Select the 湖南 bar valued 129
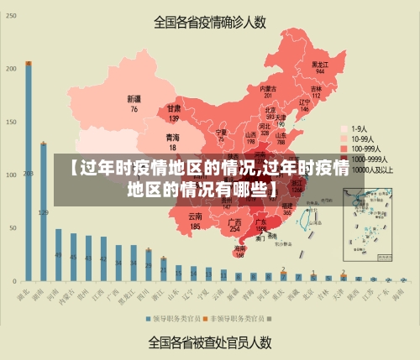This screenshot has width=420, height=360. pyautogui.click(x=43, y=211)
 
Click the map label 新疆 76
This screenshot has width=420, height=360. pyautogui.click(x=134, y=103)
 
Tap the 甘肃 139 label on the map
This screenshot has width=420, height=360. pyautogui.click(x=174, y=113)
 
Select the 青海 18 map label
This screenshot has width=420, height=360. pyautogui.click(x=172, y=140)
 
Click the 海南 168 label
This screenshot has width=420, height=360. pyautogui.click(x=240, y=251)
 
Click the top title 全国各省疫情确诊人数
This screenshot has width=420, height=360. pyautogui.click(x=209, y=23)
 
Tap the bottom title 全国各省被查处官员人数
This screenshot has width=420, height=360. pyautogui.click(x=209, y=342)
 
